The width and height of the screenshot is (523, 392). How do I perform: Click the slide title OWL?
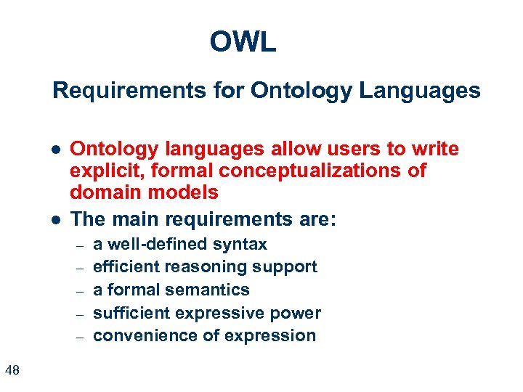[x=243, y=42]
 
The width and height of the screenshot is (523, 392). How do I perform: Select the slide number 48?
[x=12, y=371]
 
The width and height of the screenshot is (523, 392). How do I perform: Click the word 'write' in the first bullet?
[x=435, y=150]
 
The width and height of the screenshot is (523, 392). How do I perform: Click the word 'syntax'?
[x=243, y=244]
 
